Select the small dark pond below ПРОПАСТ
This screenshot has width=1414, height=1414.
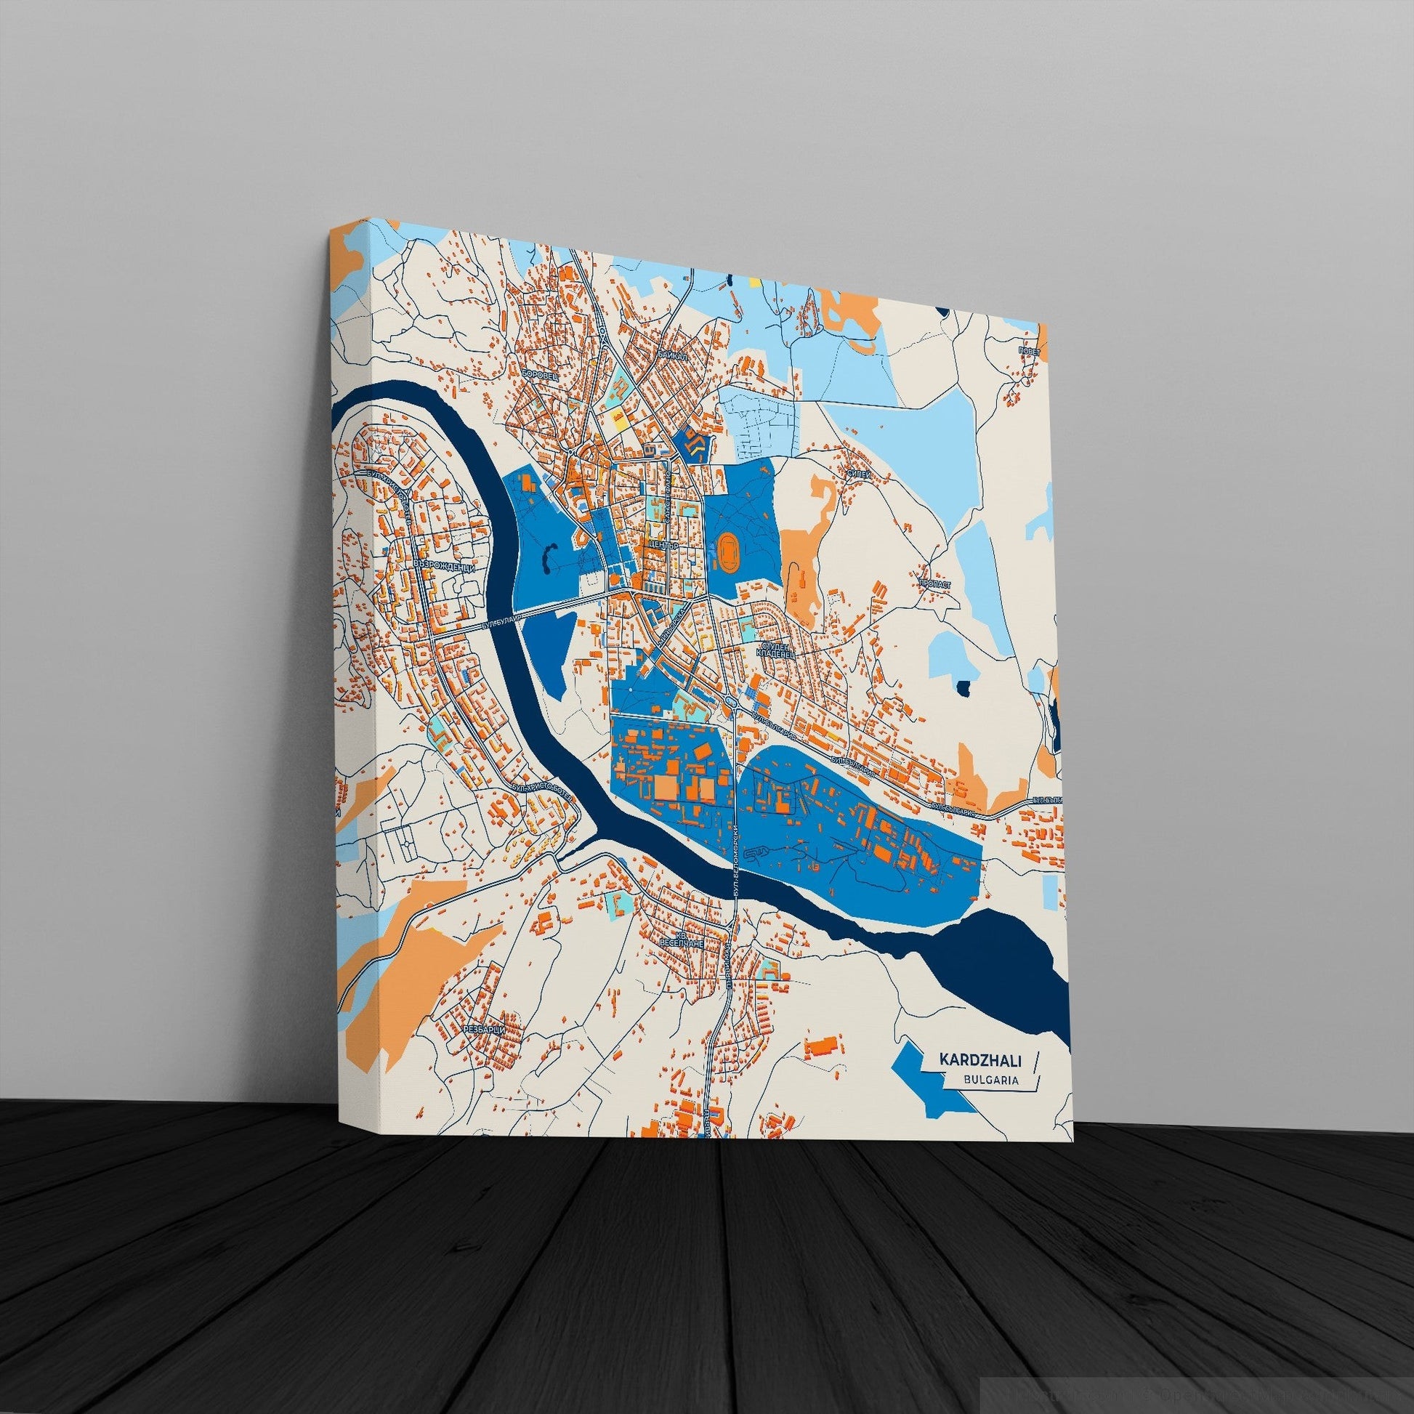964,687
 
